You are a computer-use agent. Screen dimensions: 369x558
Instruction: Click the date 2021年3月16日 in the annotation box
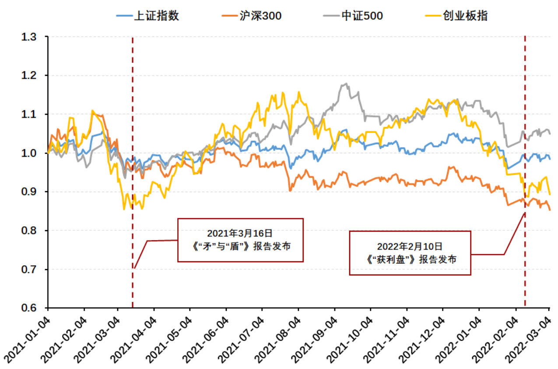click(x=241, y=233)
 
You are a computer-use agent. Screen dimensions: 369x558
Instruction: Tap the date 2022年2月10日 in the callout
click(x=410, y=246)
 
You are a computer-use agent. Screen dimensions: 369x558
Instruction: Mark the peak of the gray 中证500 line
click(x=346, y=84)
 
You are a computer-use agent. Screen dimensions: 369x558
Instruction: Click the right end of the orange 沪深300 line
click(x=550, y=210)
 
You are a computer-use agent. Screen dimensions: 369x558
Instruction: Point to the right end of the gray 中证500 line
click(x=550, y=134)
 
